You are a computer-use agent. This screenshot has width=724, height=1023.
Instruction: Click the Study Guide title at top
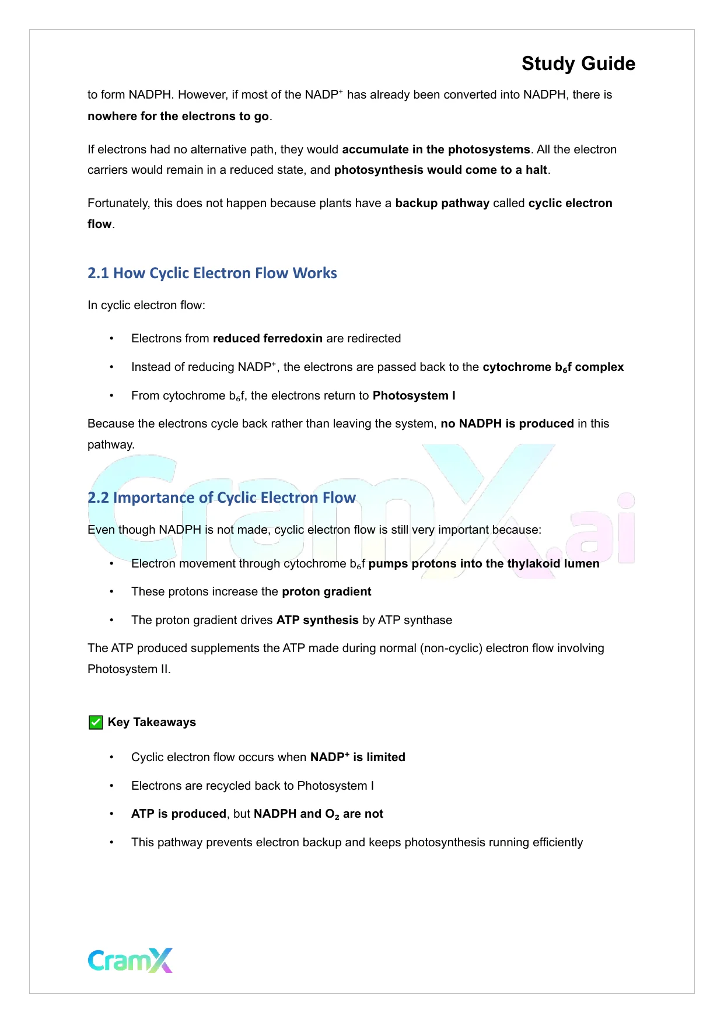(578, 64)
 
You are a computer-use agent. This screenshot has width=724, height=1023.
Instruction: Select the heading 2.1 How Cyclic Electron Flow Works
(212, 273)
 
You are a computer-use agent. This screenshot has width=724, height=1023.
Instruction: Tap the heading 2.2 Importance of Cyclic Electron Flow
(222, 498)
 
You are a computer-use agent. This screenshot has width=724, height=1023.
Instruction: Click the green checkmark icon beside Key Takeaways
(96, 723)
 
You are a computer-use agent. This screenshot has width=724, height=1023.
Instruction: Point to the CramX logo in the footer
(130, 960)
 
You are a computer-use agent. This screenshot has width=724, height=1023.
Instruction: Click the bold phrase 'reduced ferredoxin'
(268, 338)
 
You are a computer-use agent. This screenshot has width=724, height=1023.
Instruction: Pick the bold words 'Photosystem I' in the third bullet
(414, 395)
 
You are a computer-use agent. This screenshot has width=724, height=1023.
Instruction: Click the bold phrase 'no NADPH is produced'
(507, 423)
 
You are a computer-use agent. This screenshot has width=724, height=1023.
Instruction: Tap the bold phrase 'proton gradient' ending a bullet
(326, 591)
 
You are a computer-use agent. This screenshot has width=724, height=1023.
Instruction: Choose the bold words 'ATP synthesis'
(317, 620)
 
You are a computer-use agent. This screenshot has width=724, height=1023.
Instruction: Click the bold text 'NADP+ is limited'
(358, 757)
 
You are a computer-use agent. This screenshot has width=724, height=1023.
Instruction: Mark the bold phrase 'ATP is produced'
(179, 814)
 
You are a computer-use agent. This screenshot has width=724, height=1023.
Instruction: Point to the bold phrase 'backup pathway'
(442, 203)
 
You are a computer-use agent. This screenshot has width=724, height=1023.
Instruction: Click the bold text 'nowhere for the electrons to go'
(178, 116)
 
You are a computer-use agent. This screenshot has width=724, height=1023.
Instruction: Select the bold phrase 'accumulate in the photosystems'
(436, 149)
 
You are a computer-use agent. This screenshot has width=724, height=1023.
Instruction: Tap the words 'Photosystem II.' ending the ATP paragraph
(129, 669)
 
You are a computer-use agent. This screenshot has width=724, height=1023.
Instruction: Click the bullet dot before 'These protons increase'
(111, 592)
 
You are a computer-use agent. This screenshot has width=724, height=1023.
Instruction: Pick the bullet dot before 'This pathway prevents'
(111, 843)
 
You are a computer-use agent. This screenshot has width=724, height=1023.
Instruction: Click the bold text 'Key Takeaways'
(152, 722)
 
